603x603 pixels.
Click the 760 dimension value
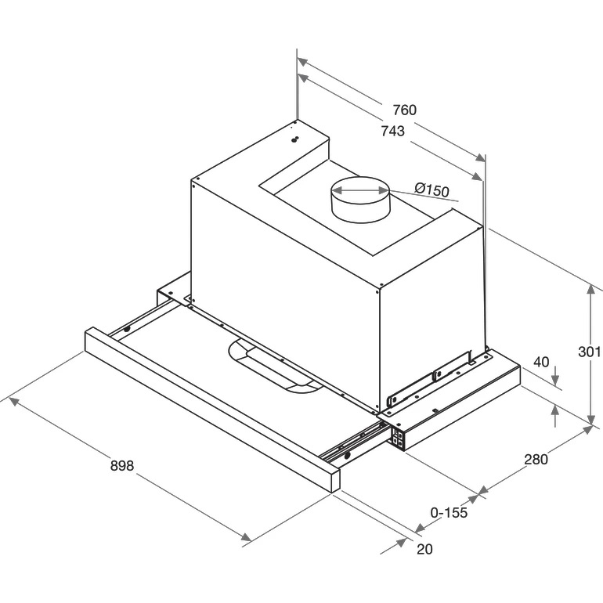[404, 110]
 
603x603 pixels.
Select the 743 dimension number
[393, 131]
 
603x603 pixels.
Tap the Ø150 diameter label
[431, 190]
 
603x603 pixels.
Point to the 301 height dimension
[589, 351]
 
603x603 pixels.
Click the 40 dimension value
[541, 362]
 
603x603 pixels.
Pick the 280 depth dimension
[536, 459]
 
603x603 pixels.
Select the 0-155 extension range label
[449, 512]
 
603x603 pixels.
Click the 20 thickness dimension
[424, 549]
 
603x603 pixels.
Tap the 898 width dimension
[122, 465]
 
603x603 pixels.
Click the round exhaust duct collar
[360, 200]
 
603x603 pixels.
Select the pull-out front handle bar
[213, 410]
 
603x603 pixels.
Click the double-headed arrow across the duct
[360, 190]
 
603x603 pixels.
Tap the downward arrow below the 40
[555, 377]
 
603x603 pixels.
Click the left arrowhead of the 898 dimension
[14, 401]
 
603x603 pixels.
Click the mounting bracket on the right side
[431, 383]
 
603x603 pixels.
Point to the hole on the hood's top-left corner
[294, 139]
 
